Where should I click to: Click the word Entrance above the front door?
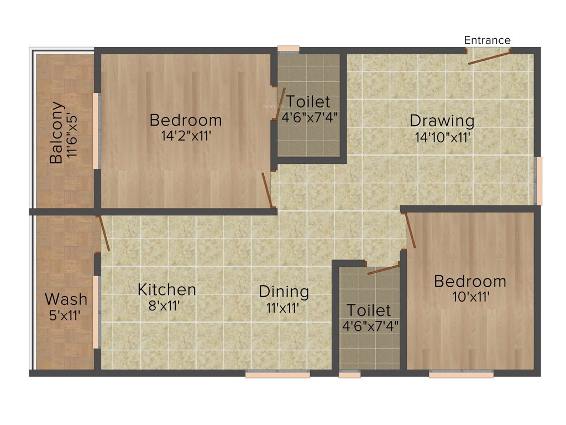coord(487,40)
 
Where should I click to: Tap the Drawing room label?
coord(442,120)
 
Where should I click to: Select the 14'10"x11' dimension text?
coord(443,137)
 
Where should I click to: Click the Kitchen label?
coord(166,289)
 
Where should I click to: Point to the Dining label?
coord(284,292)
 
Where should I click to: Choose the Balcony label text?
coord(56,133)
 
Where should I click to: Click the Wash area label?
coord(66,299)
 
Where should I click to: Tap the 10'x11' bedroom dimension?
coord(469,296)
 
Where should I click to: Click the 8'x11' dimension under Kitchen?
coord(165,305)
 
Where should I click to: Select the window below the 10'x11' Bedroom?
coord(461,374)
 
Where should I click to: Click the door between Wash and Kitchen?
coord(103,233)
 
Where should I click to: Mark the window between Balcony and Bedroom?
coord(96,131)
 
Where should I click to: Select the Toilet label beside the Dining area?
coord(369,310)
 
